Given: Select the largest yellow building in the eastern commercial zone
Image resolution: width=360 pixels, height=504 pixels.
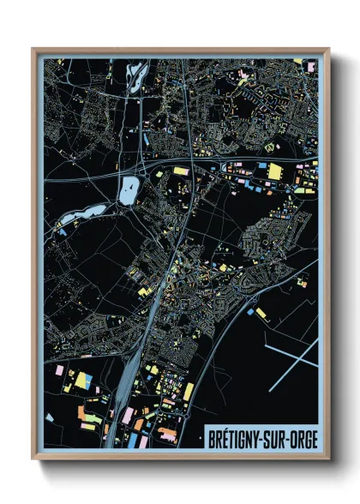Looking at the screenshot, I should point(274,171).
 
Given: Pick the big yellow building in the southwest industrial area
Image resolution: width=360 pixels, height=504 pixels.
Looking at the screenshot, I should point(84,378).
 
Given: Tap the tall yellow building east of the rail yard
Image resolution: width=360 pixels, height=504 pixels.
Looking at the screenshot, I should point(189,391).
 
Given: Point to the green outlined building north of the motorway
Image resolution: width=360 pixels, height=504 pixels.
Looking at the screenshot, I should point(273,147).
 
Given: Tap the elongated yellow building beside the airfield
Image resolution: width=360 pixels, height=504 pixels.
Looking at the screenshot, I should point(261,315).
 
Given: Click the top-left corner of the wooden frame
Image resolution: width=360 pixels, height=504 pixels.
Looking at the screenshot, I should point(33,49).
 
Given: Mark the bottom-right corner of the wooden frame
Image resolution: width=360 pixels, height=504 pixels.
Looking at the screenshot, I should point(329,459).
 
